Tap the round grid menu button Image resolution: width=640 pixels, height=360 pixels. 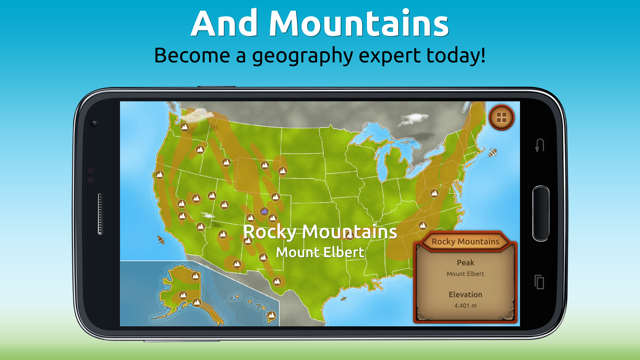tap(501, 118)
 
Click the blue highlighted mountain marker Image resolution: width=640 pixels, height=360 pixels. tap(264, 211)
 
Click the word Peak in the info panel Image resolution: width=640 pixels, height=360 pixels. tap(465, 263)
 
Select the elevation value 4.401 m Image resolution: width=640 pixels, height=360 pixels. tap(465, 306)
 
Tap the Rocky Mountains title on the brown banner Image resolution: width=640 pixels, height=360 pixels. tap(465, 242)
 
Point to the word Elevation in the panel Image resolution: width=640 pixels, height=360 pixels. tap(465, 295)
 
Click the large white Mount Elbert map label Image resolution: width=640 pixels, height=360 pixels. tap(320, 252)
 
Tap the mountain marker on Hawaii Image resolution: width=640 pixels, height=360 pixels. tap(272, 315)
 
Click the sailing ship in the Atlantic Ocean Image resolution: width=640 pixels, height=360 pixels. tap(493, 153)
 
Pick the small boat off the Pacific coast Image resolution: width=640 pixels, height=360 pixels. tap(161, 239)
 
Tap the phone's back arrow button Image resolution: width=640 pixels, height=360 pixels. tap(540, 145)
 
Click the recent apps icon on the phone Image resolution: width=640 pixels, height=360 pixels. tap(539, 282)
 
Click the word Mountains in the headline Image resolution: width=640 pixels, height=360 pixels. tap(359, 24)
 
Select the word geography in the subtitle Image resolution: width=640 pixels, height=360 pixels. tap(302, 56)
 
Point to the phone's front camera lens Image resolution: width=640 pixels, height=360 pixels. tap(94, 123)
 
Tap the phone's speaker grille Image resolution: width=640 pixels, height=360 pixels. tap(100, 213)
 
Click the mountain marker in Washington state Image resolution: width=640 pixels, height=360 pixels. tap(184, 127)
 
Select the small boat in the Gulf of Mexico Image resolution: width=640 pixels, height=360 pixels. tap(343, 298)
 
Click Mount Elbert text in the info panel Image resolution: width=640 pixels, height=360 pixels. tap(465, 274)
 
